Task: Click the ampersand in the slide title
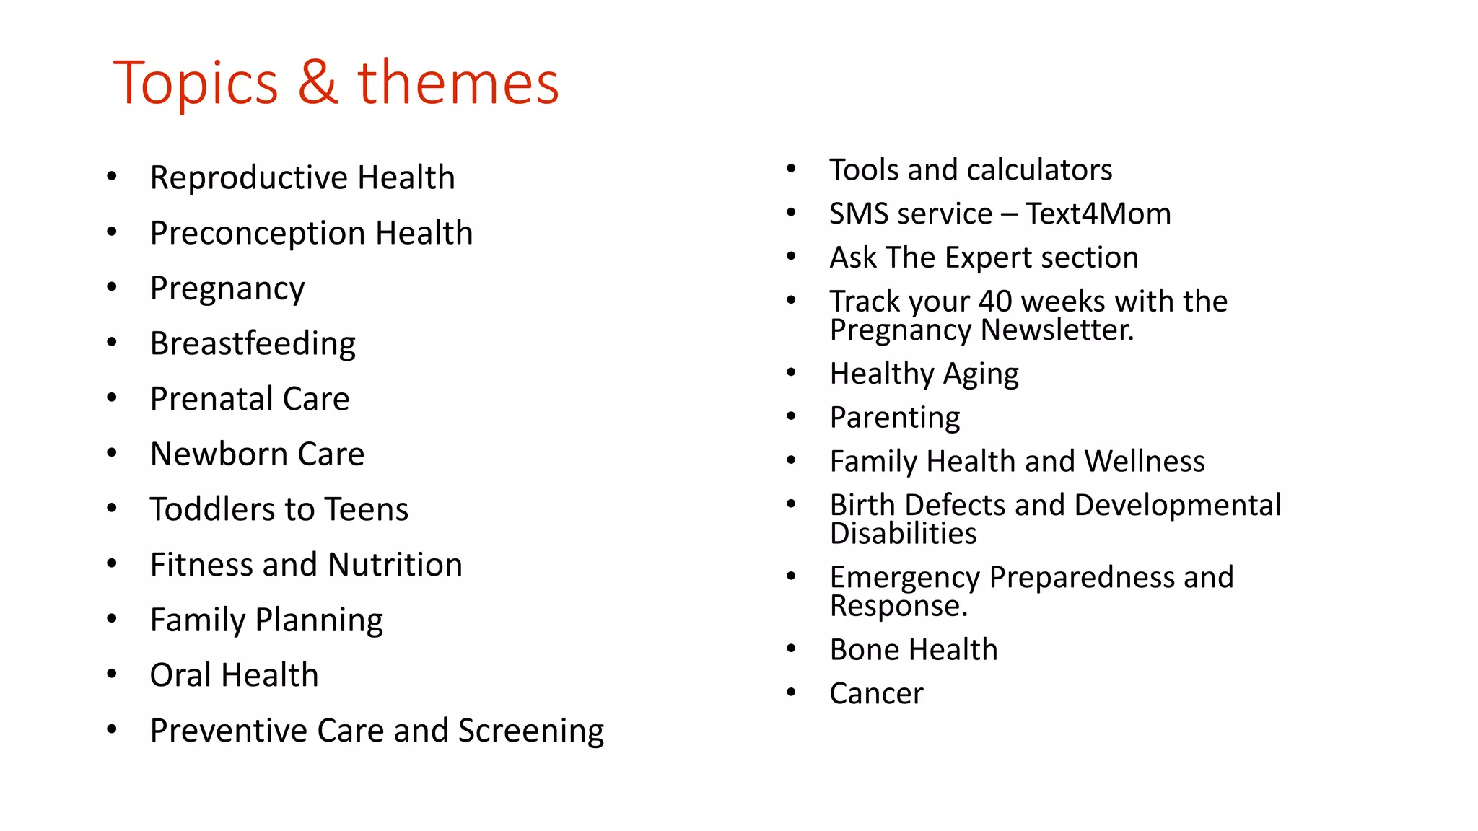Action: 318,83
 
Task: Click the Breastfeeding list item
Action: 253,343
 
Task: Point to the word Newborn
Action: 219,454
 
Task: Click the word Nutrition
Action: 395,565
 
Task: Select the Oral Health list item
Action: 234,675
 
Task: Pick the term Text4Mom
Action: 1098,214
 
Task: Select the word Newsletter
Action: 1057,330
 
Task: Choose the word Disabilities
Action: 903,534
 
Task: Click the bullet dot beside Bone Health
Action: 791,649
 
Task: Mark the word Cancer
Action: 876,694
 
